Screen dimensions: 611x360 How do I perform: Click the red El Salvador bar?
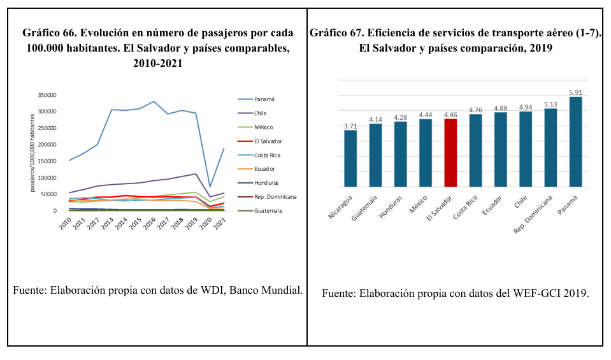(x=450, y=153)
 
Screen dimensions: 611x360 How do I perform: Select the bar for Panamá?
(x=575, y=142)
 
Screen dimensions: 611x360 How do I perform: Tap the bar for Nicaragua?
(x=350, y=159)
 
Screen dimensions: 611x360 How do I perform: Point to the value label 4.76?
(x=476, y=110)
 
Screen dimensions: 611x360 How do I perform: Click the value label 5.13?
(x=550, y=104)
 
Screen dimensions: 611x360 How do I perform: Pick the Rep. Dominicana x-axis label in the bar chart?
(x=533, y=215)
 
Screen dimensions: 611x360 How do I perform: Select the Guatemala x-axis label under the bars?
(x=364, y=208)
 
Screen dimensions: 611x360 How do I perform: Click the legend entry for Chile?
(x=252, y=113)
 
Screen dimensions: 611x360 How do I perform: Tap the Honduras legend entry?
(x=258, y=183)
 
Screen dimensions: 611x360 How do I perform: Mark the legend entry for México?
(x=255, y=127)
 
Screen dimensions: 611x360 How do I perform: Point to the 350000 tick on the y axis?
(x=47, y=95)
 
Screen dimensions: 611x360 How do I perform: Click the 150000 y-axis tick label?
(x=47, y=161)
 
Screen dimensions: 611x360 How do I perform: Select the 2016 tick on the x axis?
(x=149, y=224)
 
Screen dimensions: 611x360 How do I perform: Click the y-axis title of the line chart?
(x=32, y=153)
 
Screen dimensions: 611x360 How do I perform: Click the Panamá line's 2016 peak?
(x=154, y=102)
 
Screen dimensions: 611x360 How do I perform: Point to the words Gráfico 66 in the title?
(x=48, y=33)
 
